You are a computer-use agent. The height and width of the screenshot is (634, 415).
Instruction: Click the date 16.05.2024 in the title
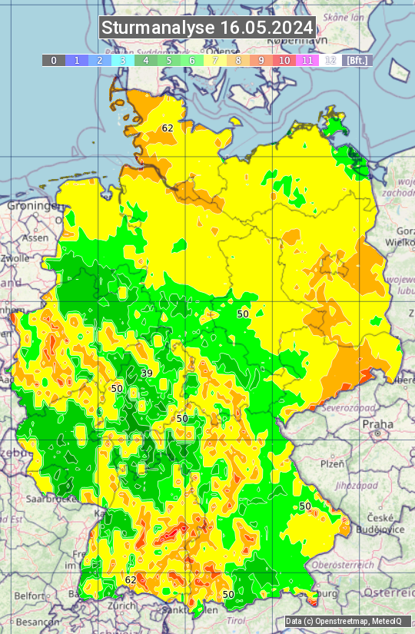click(x=267, y=28)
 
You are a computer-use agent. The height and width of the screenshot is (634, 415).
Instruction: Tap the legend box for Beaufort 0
click(x=54, y=60)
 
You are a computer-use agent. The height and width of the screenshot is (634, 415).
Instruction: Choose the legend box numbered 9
click(x=261, y=60)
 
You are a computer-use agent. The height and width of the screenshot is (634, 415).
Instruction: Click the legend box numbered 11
click(x=307, y=60)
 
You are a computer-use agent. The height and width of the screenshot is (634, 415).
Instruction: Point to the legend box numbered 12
click(x=330, y=60)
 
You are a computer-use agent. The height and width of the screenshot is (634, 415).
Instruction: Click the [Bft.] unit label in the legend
click(x=357, y=60)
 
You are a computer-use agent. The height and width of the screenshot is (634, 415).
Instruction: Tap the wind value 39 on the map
click(x=146, y=373)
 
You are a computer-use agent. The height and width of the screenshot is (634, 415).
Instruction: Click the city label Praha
click(x=378, y=423)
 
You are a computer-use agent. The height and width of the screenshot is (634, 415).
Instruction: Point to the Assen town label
click(x=35, y=238)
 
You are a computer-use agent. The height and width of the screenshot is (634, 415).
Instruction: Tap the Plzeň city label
click(x=332, y=463)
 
